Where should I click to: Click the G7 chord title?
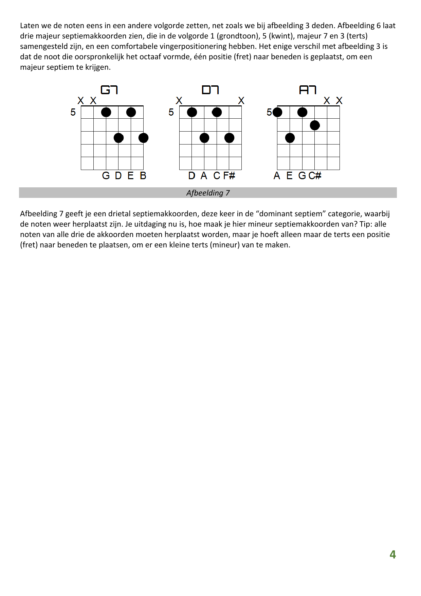pos(109,90)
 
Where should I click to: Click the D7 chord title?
pos(210,90)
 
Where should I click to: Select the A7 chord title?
pos(308,90)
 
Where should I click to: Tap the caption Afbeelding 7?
pos(208,193)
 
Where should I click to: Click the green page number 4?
pos(392,555)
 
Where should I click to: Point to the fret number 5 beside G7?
pos(73,112)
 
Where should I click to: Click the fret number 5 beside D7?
pos(171,112)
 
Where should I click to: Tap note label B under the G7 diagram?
pos(143,176)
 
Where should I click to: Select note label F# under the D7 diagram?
pos(229,176)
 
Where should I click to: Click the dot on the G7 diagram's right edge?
pos(143,138)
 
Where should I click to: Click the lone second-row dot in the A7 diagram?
pos(315,125)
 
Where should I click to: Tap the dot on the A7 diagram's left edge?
pos(277,112)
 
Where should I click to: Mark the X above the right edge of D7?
pos(241,101)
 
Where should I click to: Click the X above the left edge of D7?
pos(179,101)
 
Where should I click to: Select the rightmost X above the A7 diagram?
pos(339,101)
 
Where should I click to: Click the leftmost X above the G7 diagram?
pos(80,101)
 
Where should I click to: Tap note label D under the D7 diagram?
pos(191,176)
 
